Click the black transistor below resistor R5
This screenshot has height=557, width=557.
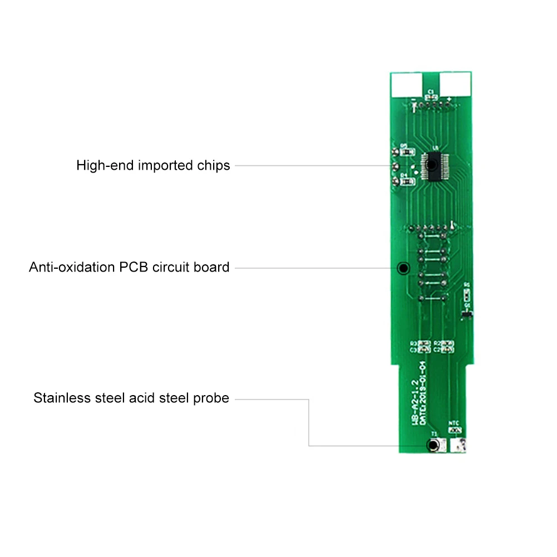[x=467, y=316]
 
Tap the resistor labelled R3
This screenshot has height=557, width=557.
[x=425, y=343]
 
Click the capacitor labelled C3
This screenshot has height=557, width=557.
[x=425, y=350]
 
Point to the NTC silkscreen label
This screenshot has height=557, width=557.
[x=454, y=423]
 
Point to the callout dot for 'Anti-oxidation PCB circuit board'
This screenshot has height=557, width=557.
[x=403, y=268]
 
